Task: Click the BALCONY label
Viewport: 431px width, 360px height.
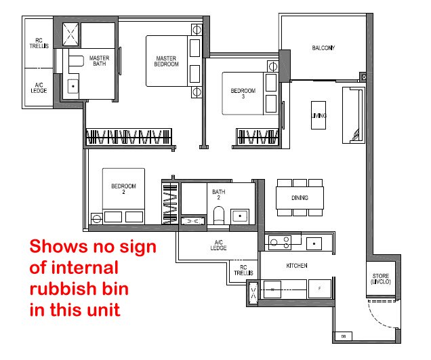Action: [x=323, y=48]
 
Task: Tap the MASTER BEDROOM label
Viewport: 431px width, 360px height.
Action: [x=166, y=61]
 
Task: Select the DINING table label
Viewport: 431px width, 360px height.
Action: [x=300, y=198]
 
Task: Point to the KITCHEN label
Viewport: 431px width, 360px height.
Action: [x=297, y=266]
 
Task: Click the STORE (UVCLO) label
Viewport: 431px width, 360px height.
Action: [x=381, y=279]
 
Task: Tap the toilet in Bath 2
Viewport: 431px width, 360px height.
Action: [x=219, y=215]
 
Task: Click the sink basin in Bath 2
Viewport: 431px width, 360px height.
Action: [x=240, y=216]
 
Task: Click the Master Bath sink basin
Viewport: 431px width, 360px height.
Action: [x=73, y=86]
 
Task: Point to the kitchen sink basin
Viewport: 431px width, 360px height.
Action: [x=314, y=243]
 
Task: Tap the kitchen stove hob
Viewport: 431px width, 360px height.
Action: [x=280, y=242]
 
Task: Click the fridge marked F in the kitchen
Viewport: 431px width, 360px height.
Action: [x=319, y=289]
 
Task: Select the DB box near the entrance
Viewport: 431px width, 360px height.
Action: [x=344, y=336]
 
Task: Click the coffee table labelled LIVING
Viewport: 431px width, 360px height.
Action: [x=319, y=115]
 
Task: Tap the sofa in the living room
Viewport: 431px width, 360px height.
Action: [x=354, y=115]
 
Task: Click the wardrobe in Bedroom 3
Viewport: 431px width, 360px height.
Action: [x=257, y=136]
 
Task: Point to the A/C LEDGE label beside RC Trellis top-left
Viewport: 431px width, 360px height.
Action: [x=39, y=87]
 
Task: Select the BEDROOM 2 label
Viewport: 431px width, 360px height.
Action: [x=123, y=189]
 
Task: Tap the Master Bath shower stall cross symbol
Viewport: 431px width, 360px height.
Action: [x=70, y=34]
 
